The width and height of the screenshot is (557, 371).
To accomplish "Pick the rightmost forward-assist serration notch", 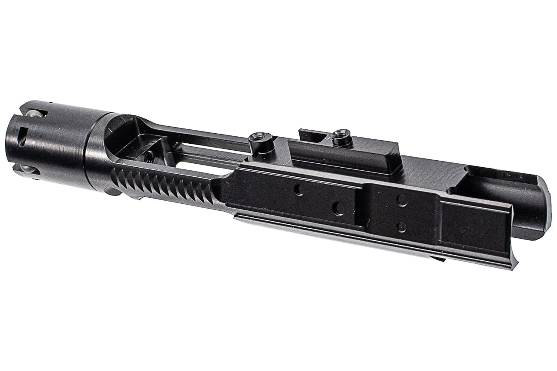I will pos(209,193).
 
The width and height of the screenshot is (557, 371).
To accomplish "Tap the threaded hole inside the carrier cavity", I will pos(149,154).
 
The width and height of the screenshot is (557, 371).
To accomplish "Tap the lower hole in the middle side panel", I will pos(401,227).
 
